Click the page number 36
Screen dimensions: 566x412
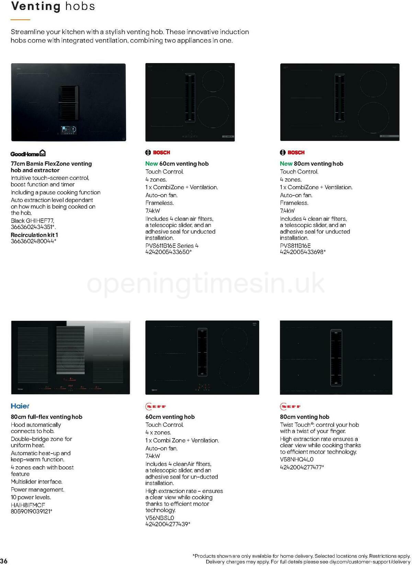[4, 561]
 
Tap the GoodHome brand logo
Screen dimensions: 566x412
[28, 153]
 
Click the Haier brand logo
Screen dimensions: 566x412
[20, 406]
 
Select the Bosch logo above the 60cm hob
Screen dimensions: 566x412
[158, 153]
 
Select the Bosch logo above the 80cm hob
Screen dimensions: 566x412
[292, 153]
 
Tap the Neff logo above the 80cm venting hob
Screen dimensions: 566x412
[290, 407]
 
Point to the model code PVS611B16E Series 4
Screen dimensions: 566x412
[172, 245]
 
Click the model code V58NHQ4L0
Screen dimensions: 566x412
[297, 459]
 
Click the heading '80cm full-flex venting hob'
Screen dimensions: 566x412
[46, 417]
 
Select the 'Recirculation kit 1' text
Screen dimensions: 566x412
[34, 235]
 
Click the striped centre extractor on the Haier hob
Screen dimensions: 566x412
[70, 350]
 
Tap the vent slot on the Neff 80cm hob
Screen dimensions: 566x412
[336, 357]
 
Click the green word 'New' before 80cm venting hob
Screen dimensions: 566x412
[286, 164]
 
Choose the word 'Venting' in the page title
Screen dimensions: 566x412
[36, 6]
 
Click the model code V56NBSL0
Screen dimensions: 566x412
[160, 518]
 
